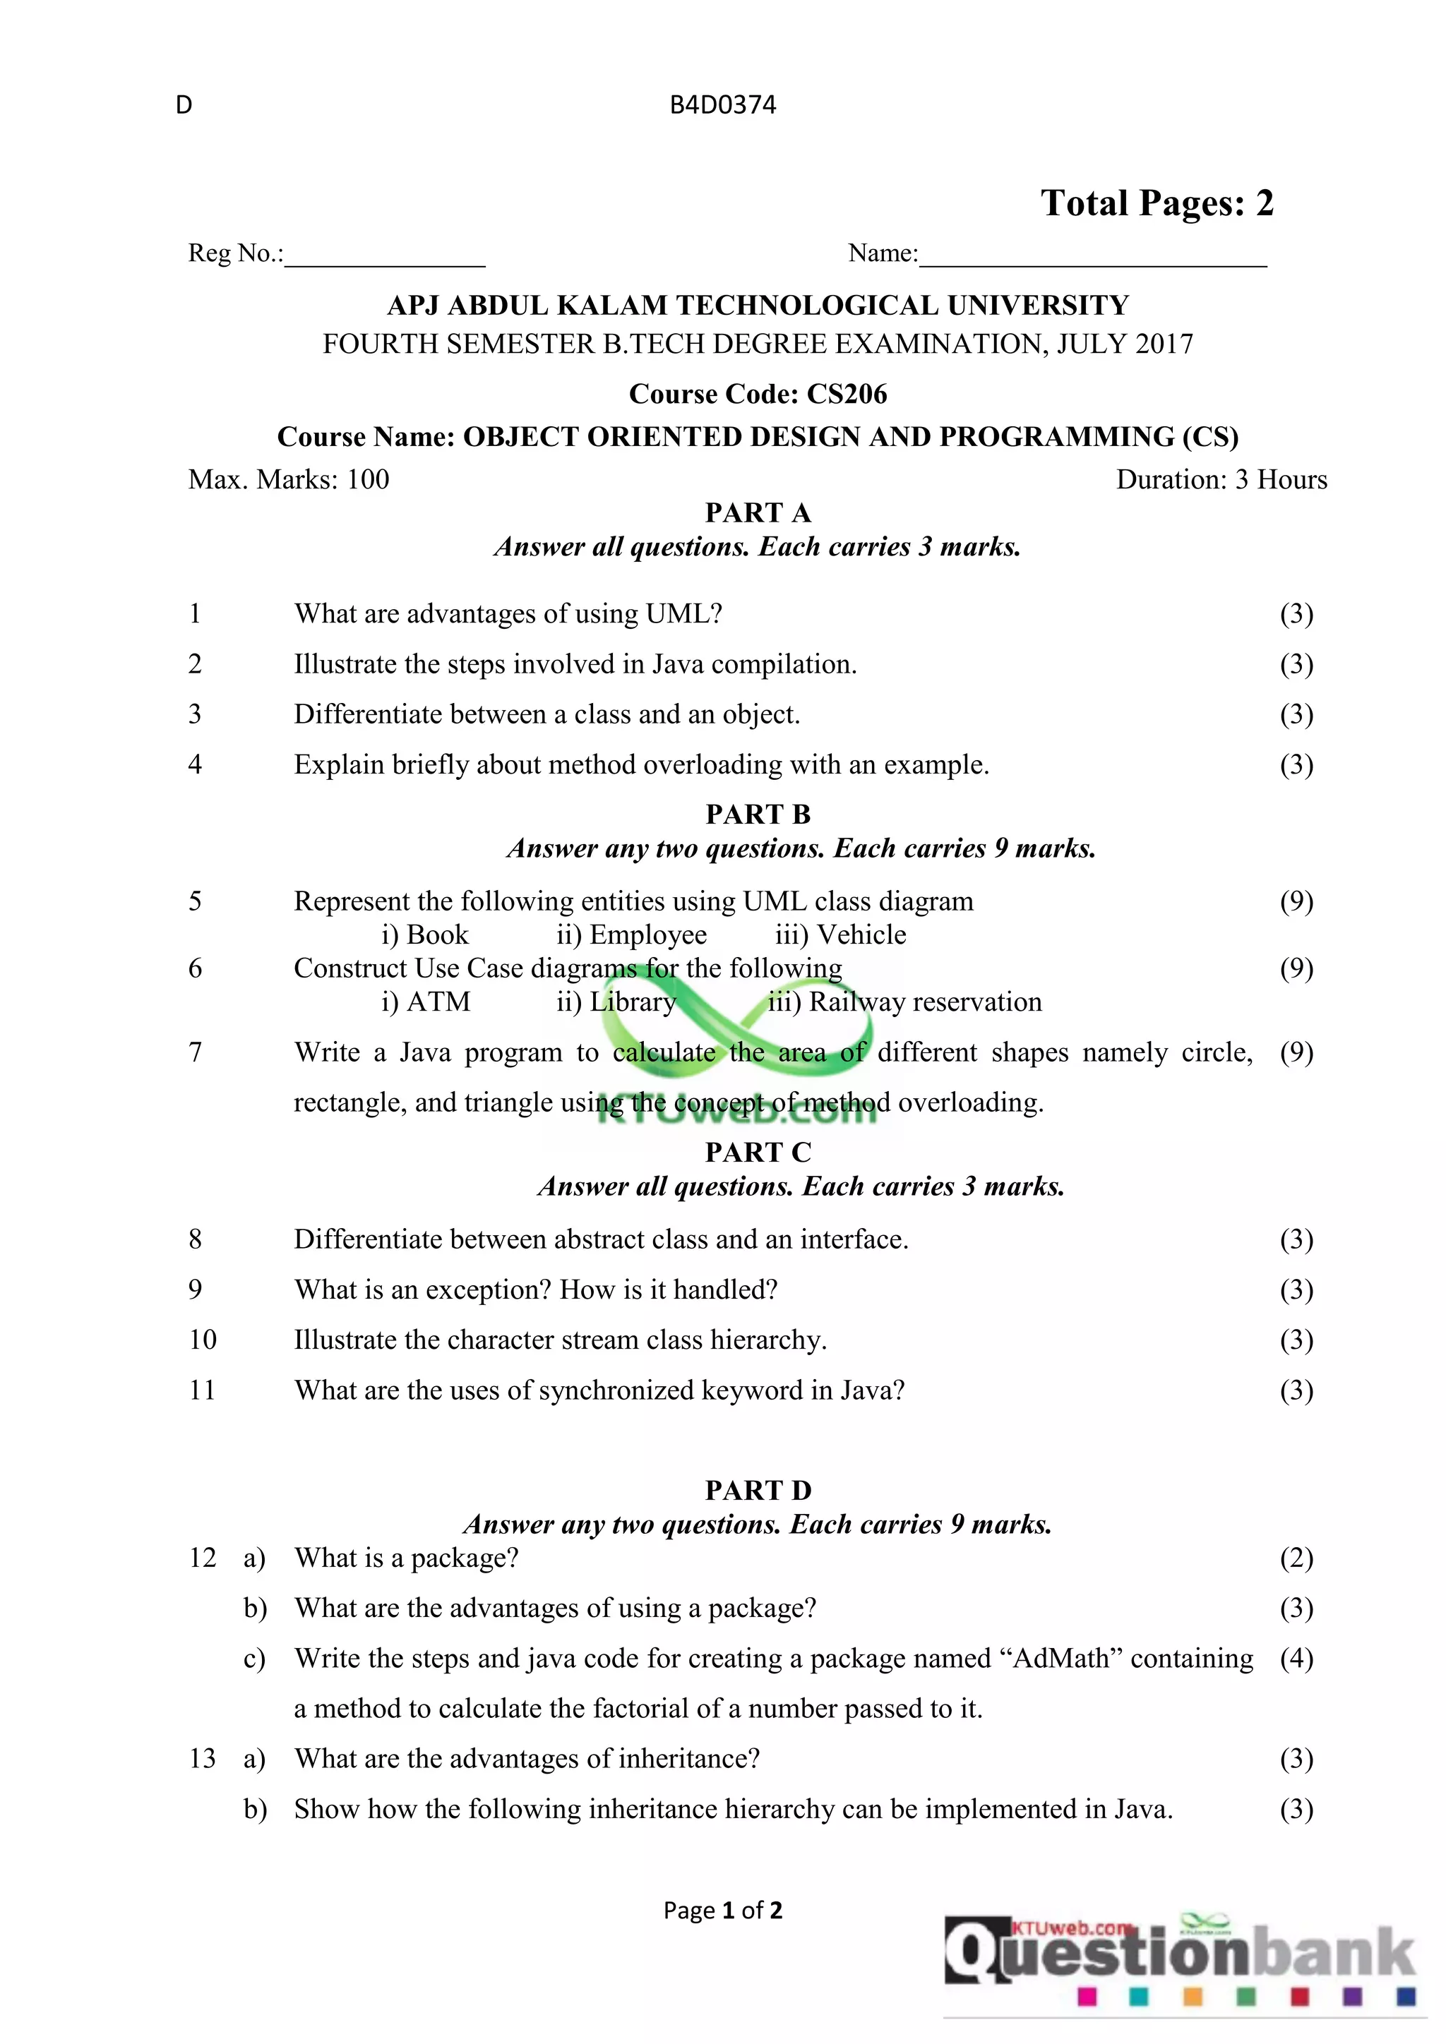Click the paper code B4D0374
click(722, 105)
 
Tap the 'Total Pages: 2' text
click(1157, 203)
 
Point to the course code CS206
click(847, 394)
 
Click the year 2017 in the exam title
click(1157, 344)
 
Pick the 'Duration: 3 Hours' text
click(1221, 480)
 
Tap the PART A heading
click(758, 513)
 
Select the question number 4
click(195, 764)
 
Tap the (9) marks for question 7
click(1296, 1052)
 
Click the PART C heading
click(758, 1152)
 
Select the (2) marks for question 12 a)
click(1296, 1558)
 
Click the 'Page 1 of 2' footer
click(722, 1911)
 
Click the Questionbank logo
click(1179, 1959)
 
